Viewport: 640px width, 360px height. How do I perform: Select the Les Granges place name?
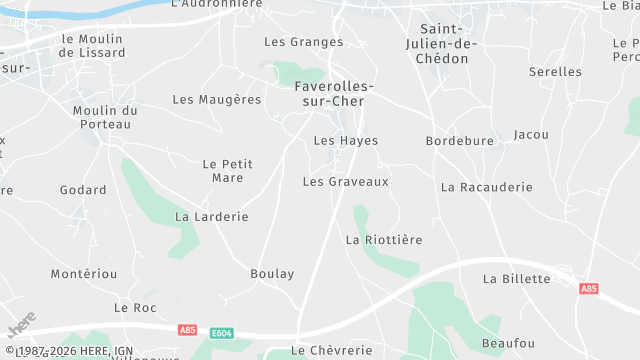303,42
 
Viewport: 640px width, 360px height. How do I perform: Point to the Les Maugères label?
216,99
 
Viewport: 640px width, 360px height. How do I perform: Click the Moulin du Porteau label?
105,117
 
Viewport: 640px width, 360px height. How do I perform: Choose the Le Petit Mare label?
227,170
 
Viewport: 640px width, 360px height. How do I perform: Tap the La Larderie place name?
211,216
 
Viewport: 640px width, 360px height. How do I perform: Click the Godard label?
83,190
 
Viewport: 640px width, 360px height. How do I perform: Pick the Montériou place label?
84,274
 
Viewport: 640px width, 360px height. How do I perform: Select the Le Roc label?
135,308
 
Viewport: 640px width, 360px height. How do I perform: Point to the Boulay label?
272,273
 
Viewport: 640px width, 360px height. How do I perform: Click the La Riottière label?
384,240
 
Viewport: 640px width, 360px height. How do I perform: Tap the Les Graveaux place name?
345,182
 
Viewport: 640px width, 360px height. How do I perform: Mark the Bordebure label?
459,141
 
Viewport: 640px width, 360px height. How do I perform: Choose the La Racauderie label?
486,187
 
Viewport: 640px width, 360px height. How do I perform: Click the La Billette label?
516,279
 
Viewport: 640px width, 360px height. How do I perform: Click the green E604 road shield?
222,331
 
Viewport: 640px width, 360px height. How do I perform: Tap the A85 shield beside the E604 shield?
187,329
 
